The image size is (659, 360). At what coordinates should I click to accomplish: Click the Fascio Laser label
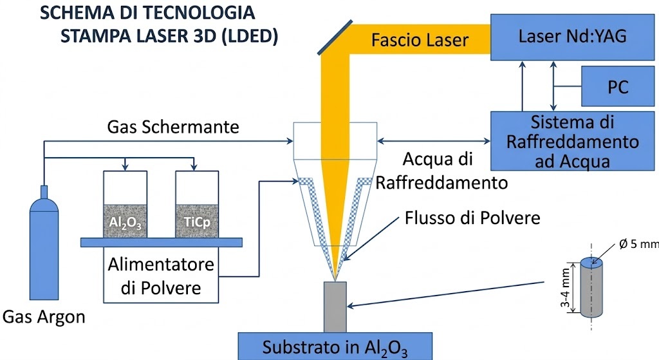[420, 41]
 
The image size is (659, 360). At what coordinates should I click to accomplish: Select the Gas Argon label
[44, 316]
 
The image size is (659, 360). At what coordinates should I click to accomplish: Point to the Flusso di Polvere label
[472, 217]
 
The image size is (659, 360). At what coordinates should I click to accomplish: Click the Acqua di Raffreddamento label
[441, 170]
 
